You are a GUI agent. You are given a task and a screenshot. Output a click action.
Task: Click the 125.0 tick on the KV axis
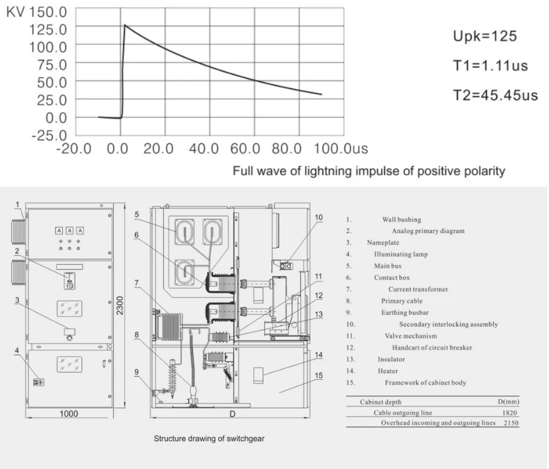48,30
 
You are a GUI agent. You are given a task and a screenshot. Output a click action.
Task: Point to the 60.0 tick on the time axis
245,148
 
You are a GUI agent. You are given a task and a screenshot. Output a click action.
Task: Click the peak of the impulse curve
125,25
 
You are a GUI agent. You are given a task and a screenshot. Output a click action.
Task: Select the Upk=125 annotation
485,36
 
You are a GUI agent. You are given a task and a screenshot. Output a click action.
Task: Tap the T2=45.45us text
495,95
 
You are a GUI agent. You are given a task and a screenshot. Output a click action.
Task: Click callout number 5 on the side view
137,214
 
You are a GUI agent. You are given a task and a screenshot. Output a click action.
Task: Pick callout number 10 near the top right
318,218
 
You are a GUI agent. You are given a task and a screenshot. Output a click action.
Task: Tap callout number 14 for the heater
318,354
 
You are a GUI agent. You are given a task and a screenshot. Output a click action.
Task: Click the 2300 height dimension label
120,305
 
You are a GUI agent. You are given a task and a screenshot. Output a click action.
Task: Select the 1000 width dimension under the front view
68,414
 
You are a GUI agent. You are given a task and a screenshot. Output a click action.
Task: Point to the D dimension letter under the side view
232,414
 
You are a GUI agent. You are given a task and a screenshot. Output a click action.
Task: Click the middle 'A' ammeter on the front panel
70,230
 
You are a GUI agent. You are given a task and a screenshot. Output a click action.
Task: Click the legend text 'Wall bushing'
401,219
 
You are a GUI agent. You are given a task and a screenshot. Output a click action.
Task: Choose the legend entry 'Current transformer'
418,289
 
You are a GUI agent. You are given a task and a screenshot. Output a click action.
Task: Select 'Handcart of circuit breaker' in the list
432,347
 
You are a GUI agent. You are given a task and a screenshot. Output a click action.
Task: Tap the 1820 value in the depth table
510,413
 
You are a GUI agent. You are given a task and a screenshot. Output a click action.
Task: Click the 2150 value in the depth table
511,423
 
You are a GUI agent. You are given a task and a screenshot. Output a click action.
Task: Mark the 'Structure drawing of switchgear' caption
209,439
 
